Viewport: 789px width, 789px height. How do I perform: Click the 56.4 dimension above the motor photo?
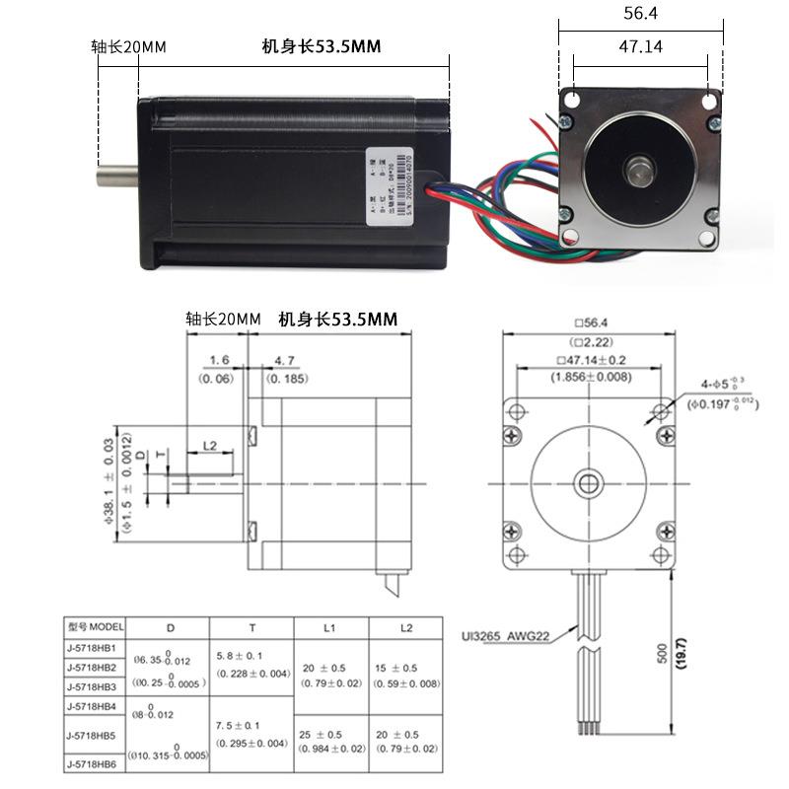pyautogui.click(x=640, y=14)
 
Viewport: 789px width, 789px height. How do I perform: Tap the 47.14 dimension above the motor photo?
pyautogui.click(x=640, y=46)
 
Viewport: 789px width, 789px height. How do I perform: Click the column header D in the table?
pyautogui.click(x=170, y=628)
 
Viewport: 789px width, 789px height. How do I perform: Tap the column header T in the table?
pyautogui.click(x=251, y=628)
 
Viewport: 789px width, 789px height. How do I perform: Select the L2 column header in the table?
pyautogui.click(x=406, y=628)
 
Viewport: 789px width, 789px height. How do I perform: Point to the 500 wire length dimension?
pyautogui.click(x=662, y=654)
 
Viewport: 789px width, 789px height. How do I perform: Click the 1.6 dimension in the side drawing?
pyautogui.click(x=219, y=361)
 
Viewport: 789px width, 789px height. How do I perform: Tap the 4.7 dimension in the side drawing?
pyautogui.click(x=285, y=361)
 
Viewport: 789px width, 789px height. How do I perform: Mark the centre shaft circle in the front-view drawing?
pyautogui.click(x=591, y=483)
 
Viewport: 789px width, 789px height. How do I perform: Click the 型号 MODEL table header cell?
pyautogui.click(x=96, y=627)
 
